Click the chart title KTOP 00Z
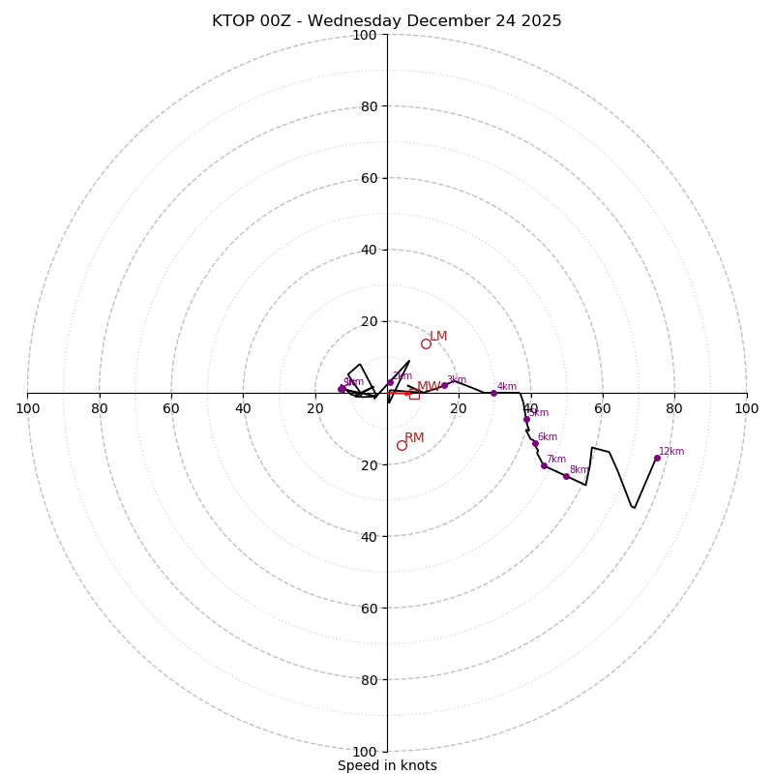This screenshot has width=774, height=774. [386, 21]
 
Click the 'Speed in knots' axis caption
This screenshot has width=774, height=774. [387, 765]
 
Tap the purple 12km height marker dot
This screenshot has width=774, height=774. [657, 458]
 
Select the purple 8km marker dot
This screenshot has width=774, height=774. [566, 476]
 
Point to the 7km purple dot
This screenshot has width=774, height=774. [544, 465]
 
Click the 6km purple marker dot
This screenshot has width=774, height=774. [535, 443]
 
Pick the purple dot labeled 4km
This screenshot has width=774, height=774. [493, 393]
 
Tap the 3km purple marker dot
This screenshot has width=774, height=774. [445, 386]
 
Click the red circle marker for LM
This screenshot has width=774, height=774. [426, 343]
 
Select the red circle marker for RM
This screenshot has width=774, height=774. [402, 445]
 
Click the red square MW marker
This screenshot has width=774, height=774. [414, 395]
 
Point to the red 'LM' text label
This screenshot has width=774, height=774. [438, 337]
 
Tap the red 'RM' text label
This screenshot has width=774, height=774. [414, 438]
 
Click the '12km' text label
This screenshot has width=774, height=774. [671, 452]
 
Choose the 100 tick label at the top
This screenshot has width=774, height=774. [365, 35]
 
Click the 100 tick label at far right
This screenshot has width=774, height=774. [746, 408]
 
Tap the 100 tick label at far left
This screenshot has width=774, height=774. [27, 408]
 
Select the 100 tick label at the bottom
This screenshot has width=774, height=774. [365, 752]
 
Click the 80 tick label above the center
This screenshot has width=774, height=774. [369, 106]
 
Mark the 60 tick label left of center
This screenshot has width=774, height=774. [171, 408]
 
